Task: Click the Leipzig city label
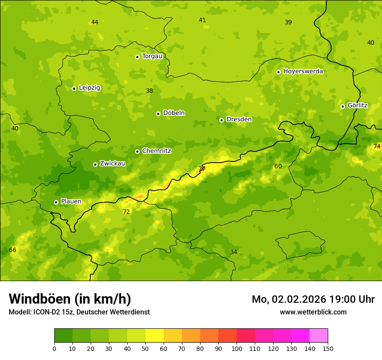89,88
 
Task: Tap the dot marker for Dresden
221,120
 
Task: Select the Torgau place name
152,56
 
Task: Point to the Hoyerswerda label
303,71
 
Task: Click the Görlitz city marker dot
342,106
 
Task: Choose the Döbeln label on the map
174,113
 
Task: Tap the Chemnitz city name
156,151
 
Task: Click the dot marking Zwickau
95,164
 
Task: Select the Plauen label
71,201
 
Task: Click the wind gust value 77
202,169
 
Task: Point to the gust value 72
126,212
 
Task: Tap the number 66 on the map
13,250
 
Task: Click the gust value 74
377,146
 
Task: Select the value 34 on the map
234,252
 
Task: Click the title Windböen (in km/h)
70,299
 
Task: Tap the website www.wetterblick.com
313,312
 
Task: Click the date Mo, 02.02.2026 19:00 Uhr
313,299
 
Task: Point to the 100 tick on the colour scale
237,348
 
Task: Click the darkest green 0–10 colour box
63,336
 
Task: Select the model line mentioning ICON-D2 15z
79,312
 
